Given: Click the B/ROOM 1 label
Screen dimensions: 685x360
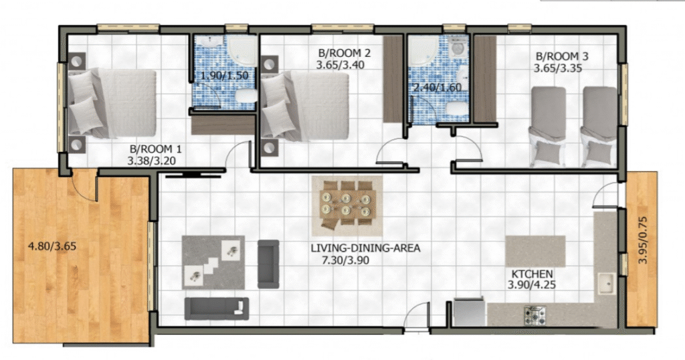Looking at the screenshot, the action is point(155,149).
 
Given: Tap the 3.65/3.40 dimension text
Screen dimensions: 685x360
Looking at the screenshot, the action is point(340,66).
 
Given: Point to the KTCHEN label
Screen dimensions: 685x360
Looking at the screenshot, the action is point(532,274).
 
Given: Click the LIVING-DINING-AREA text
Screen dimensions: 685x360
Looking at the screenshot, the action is point(366,248).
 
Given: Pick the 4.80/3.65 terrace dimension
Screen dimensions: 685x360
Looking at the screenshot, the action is point(52,246).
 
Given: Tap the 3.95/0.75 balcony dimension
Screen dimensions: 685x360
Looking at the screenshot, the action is point(642,240).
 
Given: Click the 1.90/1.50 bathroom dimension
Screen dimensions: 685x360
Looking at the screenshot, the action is point(224,75).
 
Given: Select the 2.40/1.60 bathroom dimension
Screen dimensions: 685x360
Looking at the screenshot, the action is point(437,88).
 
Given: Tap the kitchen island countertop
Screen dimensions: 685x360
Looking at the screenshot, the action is point(535,251).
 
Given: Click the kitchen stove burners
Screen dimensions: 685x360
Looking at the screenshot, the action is point(534,315).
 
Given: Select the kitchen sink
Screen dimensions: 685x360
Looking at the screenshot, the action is point(607,284).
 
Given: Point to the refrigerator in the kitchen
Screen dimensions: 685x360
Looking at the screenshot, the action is point(469,312).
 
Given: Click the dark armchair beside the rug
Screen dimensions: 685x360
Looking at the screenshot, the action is point(268,264).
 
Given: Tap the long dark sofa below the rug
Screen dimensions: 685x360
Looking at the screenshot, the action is point(217,308).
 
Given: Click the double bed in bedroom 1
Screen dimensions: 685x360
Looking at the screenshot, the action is point(112,103).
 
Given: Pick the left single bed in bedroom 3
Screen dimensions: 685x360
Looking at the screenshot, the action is point(548,126).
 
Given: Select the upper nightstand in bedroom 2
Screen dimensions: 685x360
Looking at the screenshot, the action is point(270,64).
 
